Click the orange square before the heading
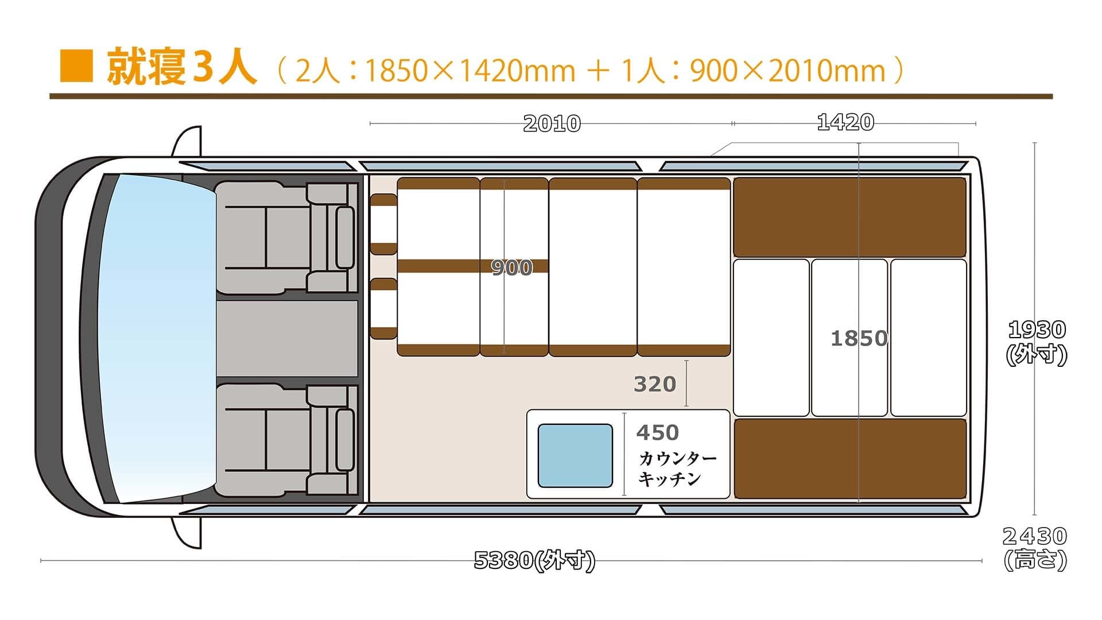(76, 66)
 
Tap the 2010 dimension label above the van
(552, 123)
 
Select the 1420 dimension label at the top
(845, 122)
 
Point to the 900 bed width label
(512, 268)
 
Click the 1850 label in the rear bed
(859, 339)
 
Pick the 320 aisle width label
(655, 384)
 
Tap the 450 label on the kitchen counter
(658, 432)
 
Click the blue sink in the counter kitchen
(575, 456)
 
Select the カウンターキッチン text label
(678, 468)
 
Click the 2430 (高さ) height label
(1035, 548)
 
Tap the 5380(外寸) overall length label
(535, 560)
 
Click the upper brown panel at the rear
(850, 217)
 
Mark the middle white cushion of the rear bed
(849, 338)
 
